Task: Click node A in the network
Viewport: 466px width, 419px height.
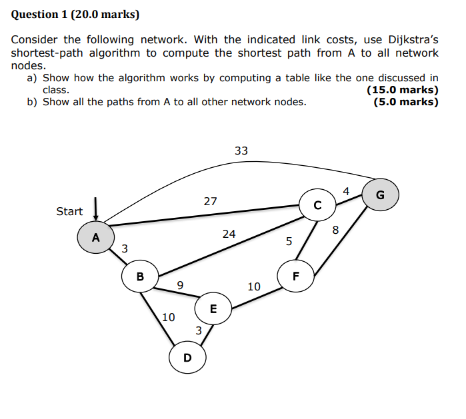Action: click(96, 238)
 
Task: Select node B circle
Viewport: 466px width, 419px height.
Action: click(140, 276)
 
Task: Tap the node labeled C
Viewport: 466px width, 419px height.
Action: click(317, 205)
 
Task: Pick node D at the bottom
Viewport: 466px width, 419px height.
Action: click(187, 358)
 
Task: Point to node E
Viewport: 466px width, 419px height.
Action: click(213, 309)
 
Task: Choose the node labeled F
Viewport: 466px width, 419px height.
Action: click(296, 276)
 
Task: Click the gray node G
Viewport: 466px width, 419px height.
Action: click(380, 195)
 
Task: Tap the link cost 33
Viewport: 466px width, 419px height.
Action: click(241, 151)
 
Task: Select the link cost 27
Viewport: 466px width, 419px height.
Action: click(210, 201)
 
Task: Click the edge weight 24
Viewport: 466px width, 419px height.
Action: click(229, 234)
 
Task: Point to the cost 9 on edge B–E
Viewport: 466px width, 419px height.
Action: click(180, 286)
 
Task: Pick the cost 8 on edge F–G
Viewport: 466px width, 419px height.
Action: click(335, 230)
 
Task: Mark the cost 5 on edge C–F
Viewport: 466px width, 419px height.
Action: click(289, 242)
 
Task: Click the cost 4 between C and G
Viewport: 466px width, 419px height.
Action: click(346, 192)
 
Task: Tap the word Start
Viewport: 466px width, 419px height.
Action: click(69, 212)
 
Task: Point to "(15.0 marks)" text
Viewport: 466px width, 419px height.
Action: click(403, 90)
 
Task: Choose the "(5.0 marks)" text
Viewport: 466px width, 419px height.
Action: click(406, 102)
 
